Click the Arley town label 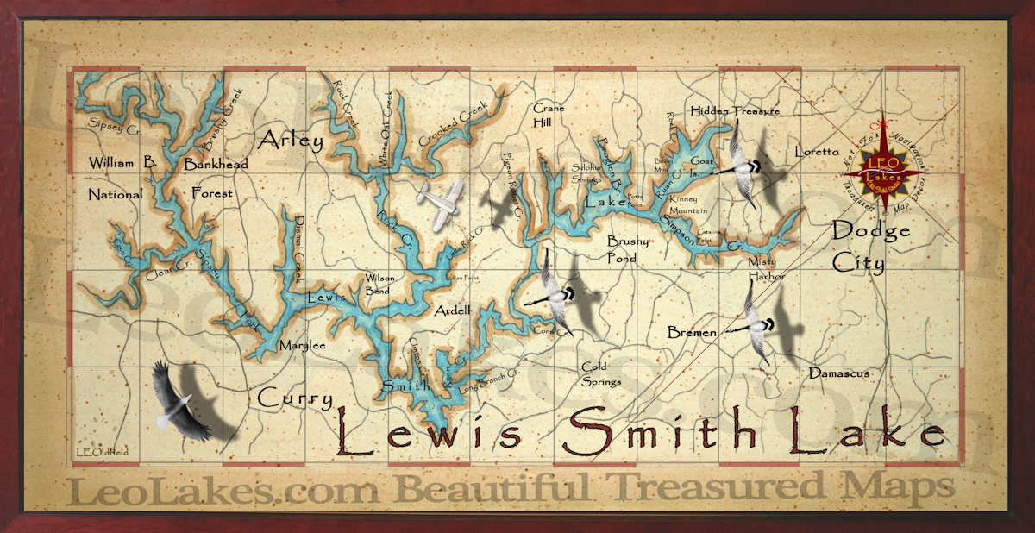click(290, 141)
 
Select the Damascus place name click(838, 373)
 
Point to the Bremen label click(692, 332)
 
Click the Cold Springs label click(600, 373)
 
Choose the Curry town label click(295, 398)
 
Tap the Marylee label click(302, 346)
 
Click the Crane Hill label click(549, 116)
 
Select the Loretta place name click(816, 152)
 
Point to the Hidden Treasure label click(735, 111)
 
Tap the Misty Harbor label click(767, 268)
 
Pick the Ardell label click(453, 310)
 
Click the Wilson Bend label click(380, 285)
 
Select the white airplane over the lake click(440, 202)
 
